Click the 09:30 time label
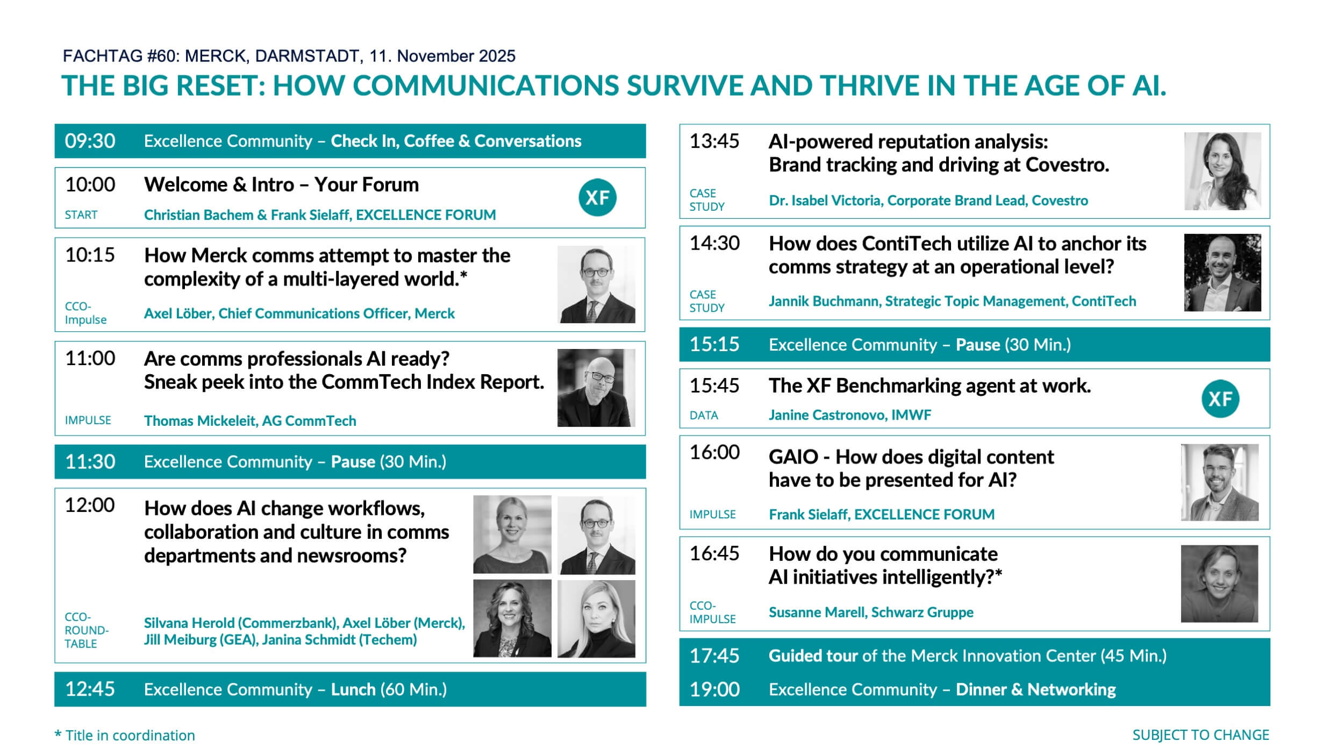(x=90, y=141)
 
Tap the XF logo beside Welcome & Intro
(x=597, y=197)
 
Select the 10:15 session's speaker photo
(x=596, y=284)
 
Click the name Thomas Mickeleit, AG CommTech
(x=250, y=420)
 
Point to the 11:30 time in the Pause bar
(x=90, y=461)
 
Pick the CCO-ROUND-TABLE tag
(x=87, y=630)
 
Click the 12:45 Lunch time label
(x=90, y=689)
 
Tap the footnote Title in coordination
(x=130, y=735)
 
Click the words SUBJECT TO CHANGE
(x=1200, y=735)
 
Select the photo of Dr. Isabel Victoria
(x=1223, y=171)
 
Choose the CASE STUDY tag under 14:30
(x=707, y=301)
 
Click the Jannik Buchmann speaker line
(x=952, y=301)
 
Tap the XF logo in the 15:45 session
(x=1220, y=398)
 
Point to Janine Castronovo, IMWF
(x=849, y=415)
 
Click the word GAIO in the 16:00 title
(x=793, y=457)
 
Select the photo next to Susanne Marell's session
(x=1219, y=583)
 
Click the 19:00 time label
(x=714, y=689)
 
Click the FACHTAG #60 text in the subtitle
(x=121, y=56)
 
